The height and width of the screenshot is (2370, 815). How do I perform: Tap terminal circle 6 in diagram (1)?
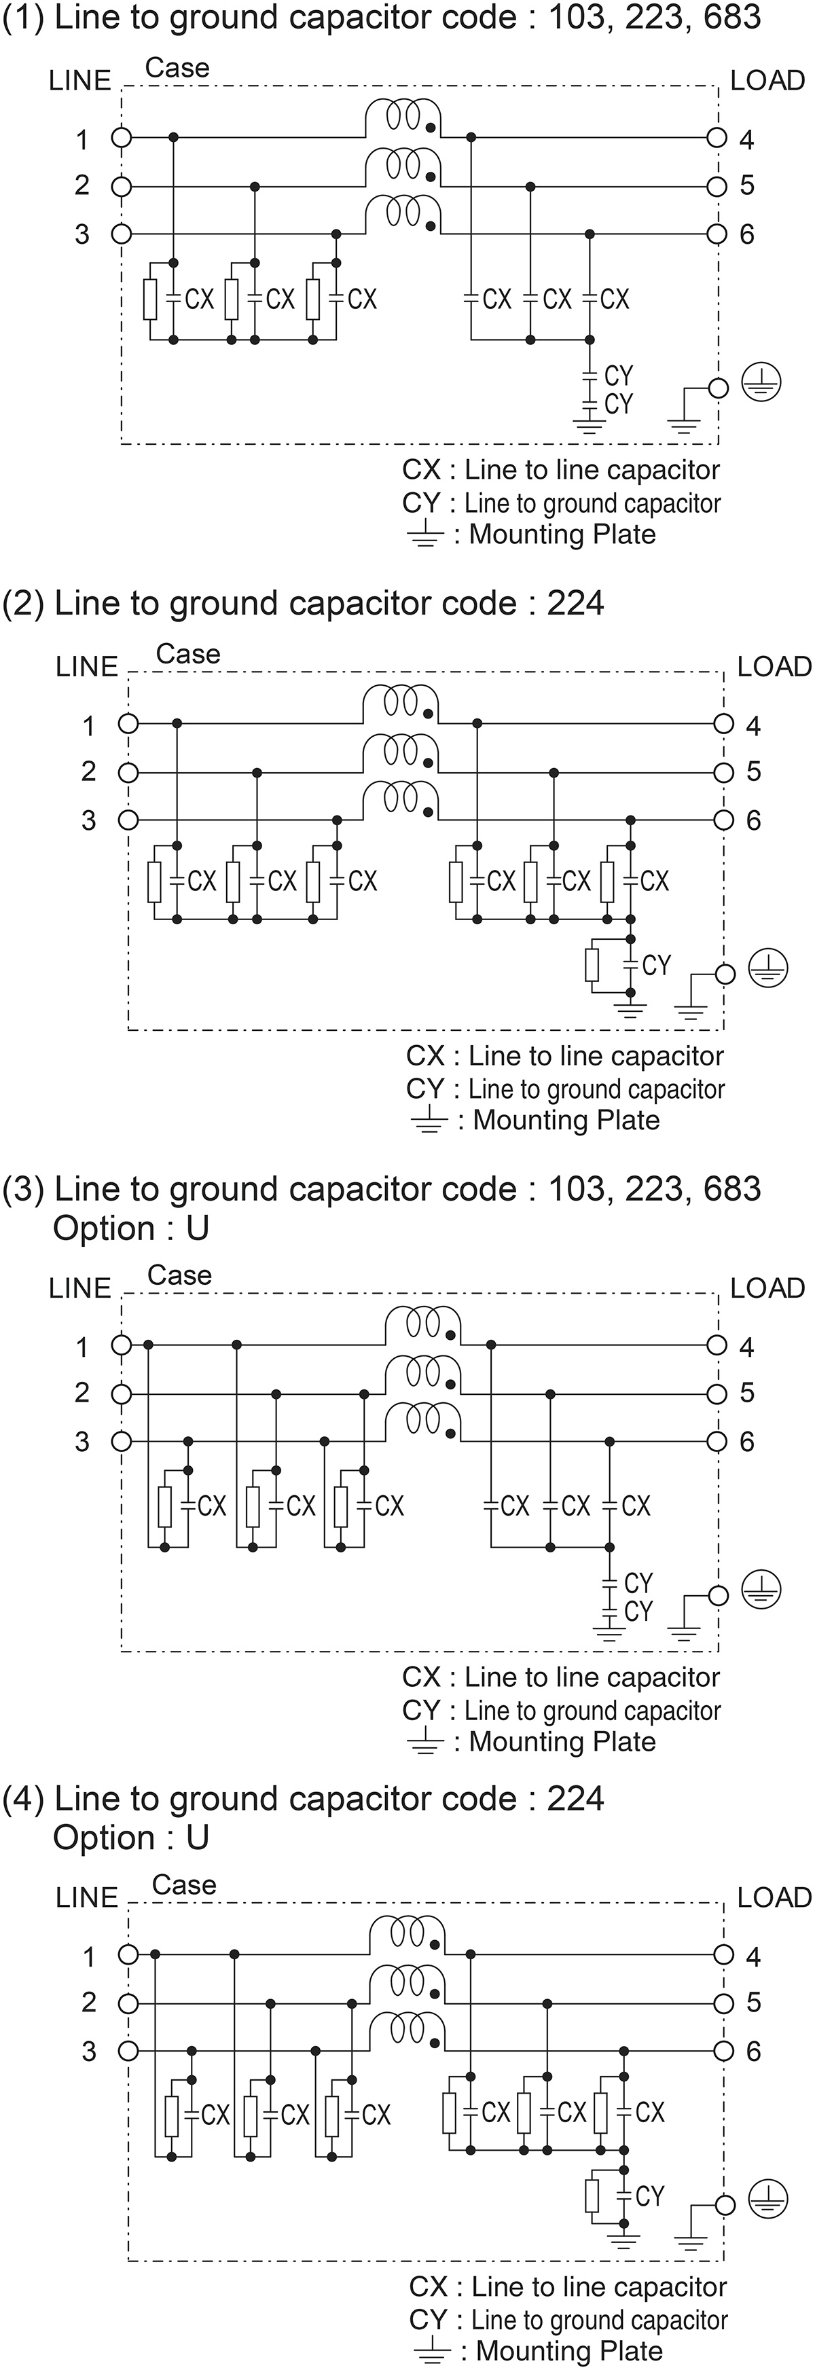[x=717, y=234]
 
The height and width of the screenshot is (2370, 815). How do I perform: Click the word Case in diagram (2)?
[x=187, y=654]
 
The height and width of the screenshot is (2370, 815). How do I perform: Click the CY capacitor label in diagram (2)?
[x=656, y=965]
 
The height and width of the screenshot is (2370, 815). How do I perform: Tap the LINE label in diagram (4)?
[x=86, y=1897]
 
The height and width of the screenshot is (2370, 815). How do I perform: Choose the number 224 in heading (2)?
[x=575, y=604]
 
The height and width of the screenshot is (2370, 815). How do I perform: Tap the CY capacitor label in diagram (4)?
[x=649, y=2196]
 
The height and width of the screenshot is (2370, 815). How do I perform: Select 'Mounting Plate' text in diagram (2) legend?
[x=566, y=1120]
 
